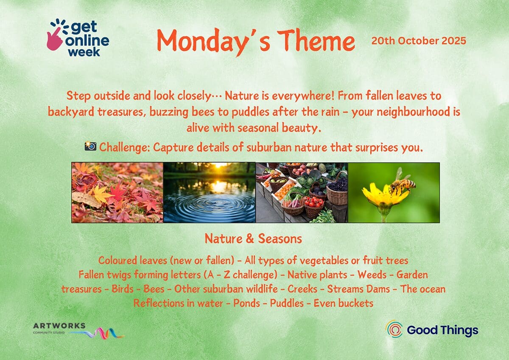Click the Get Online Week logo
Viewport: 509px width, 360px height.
(78, 37)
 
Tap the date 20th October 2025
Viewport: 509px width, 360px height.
(419, 41)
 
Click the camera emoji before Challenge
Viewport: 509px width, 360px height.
(90, 146)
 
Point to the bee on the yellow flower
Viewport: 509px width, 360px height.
(402, 182)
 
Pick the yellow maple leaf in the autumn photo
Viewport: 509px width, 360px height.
(100, 193)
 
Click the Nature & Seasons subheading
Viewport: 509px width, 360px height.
(253, 239)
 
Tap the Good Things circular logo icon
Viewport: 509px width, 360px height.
(394, 329)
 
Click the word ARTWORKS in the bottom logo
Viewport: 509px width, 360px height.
(59, 326)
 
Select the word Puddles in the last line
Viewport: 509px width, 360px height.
(287, 304)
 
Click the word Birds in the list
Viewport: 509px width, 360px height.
(123, 289)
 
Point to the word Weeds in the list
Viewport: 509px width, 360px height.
(372, 275)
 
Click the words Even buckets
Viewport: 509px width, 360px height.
(343, 304)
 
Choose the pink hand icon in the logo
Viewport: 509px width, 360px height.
(55, 39)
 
